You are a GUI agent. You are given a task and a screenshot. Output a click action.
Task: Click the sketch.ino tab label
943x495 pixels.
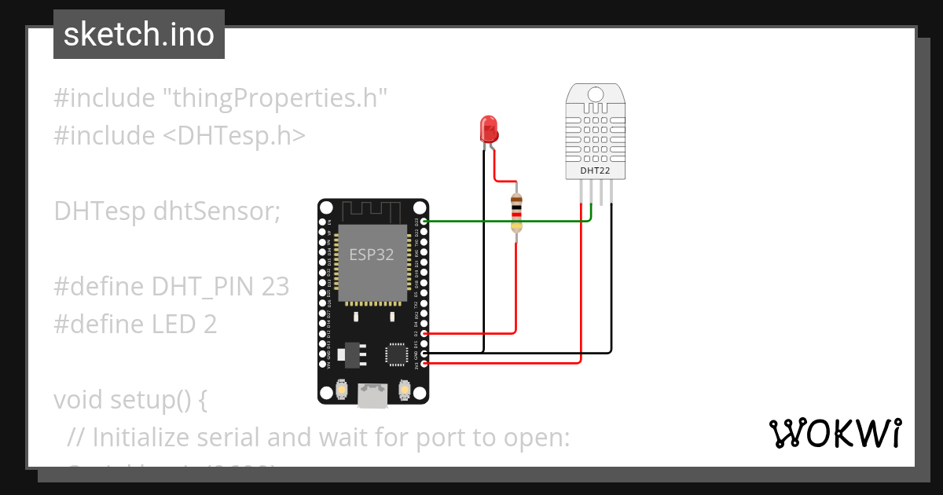[138, 35]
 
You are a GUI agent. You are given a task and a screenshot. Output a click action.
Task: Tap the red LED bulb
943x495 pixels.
[488, 128]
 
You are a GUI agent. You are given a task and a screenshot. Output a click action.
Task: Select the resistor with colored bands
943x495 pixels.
[516, 212]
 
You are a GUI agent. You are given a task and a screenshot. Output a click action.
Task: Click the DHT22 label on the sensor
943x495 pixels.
[595, 170]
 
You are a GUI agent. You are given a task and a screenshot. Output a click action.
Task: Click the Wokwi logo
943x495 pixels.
[835, 433]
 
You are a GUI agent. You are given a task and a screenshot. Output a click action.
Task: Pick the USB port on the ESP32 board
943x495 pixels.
[373, 395]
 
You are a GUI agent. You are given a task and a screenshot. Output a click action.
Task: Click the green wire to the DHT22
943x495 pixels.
[503, 222]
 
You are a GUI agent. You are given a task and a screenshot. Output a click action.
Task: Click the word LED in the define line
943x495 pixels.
[174, 324]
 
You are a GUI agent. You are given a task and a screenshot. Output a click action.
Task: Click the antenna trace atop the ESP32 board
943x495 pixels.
[373, 211]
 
